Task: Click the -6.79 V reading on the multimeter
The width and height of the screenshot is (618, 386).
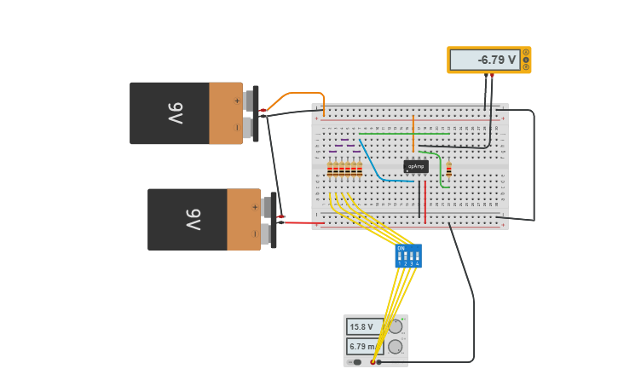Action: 484,60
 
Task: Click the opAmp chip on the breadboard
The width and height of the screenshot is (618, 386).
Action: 416,166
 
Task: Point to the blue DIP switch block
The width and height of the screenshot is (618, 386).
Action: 408,256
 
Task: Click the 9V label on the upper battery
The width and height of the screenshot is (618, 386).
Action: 174,112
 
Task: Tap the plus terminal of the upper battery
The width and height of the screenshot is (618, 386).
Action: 249,101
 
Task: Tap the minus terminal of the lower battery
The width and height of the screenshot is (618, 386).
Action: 267,233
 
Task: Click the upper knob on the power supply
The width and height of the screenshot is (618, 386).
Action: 396,326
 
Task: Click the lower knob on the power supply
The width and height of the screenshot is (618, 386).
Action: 396,347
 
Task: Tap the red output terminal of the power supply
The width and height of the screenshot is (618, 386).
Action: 373,362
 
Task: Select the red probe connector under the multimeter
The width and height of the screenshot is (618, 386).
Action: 492,76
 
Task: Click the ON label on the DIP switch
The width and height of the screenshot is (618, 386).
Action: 401,248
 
